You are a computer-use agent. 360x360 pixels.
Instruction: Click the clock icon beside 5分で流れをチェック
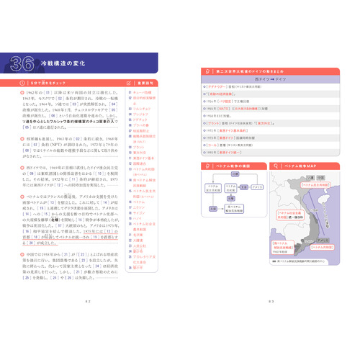tap(15, 83)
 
